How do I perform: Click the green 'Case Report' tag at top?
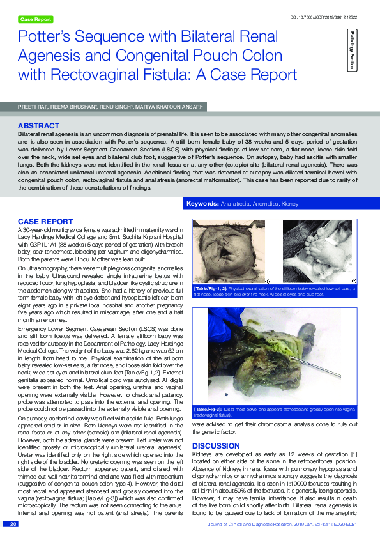36,20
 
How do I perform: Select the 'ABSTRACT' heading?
38,126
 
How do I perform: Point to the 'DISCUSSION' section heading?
216,445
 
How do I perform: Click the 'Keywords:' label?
202,204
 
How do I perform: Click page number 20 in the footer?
13,525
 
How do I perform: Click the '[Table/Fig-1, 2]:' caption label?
210,289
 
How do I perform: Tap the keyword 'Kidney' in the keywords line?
290,204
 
